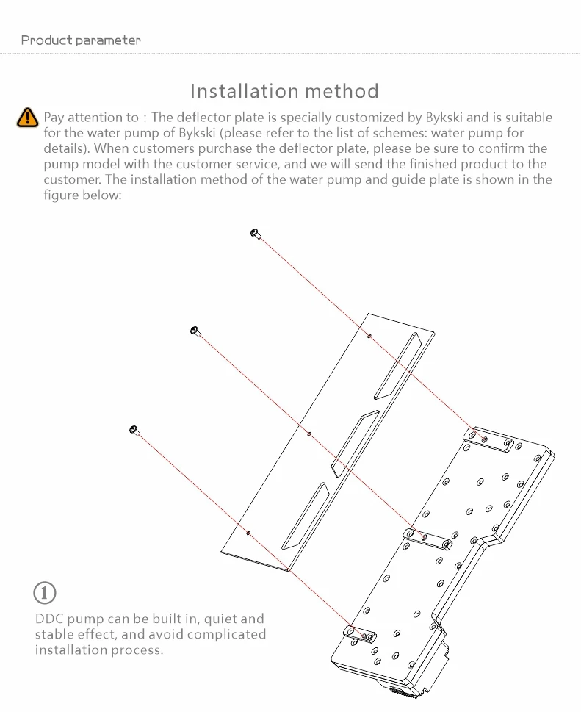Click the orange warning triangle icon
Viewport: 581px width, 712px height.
click(27, 117)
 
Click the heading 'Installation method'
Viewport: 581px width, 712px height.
click(284, 91)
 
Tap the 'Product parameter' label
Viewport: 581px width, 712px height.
click(81, 40)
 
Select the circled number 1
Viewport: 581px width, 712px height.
click(45, 591)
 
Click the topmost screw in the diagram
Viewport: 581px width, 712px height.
click(256, 234)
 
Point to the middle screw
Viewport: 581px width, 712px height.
click(195, 331)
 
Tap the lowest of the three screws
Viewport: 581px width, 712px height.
click(134, 430)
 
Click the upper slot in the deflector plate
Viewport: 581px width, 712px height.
click(397, 365)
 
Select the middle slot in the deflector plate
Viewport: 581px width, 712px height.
click(354, 439)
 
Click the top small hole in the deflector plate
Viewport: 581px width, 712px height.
click(369, 336)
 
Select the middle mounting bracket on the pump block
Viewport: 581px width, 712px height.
click(428, 539)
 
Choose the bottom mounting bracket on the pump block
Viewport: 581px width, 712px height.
click(359, 633)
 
